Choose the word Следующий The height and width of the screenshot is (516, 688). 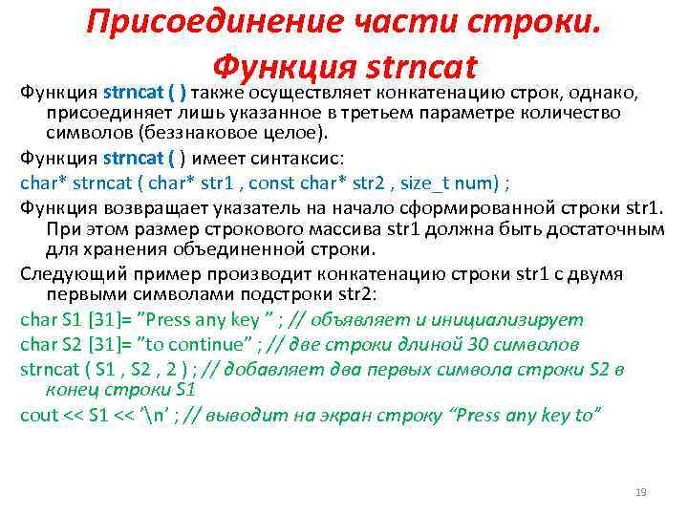tap(62, 274)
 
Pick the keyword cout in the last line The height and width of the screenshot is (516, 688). tap(37, 414)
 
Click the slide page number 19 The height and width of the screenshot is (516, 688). tap(641, 492)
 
